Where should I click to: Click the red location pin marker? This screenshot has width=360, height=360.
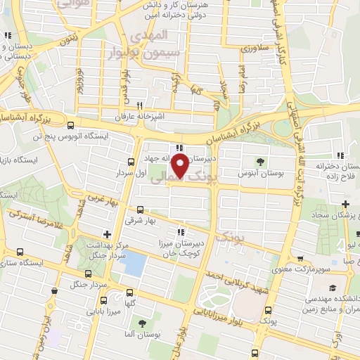(x=180, y=167)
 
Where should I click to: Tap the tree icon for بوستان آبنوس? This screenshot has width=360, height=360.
(x=261, y=159)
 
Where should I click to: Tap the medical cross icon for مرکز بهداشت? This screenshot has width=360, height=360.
(x=106, y=234)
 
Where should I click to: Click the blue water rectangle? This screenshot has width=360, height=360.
(x=134, y=264)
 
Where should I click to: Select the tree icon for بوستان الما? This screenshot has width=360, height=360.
(x=143, y=323)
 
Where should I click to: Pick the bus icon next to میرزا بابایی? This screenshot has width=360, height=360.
(x=129, y=293)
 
